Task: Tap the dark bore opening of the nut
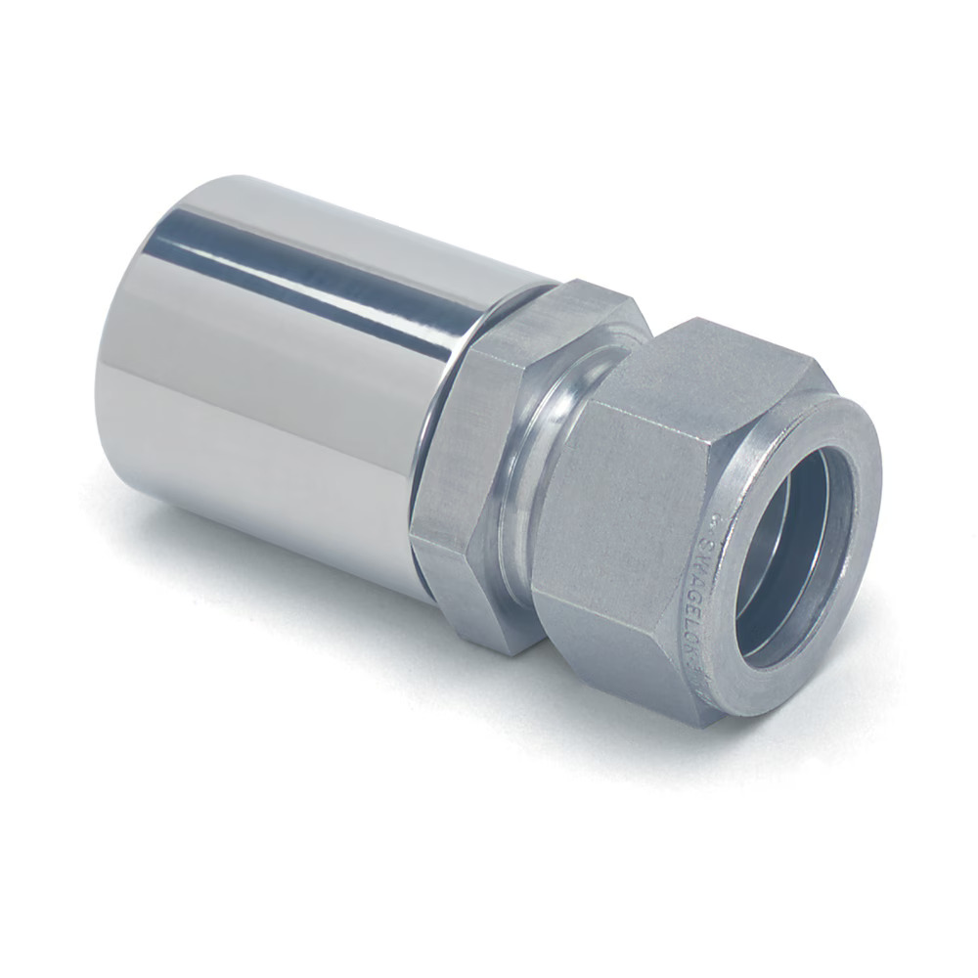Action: tap(792, 557)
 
